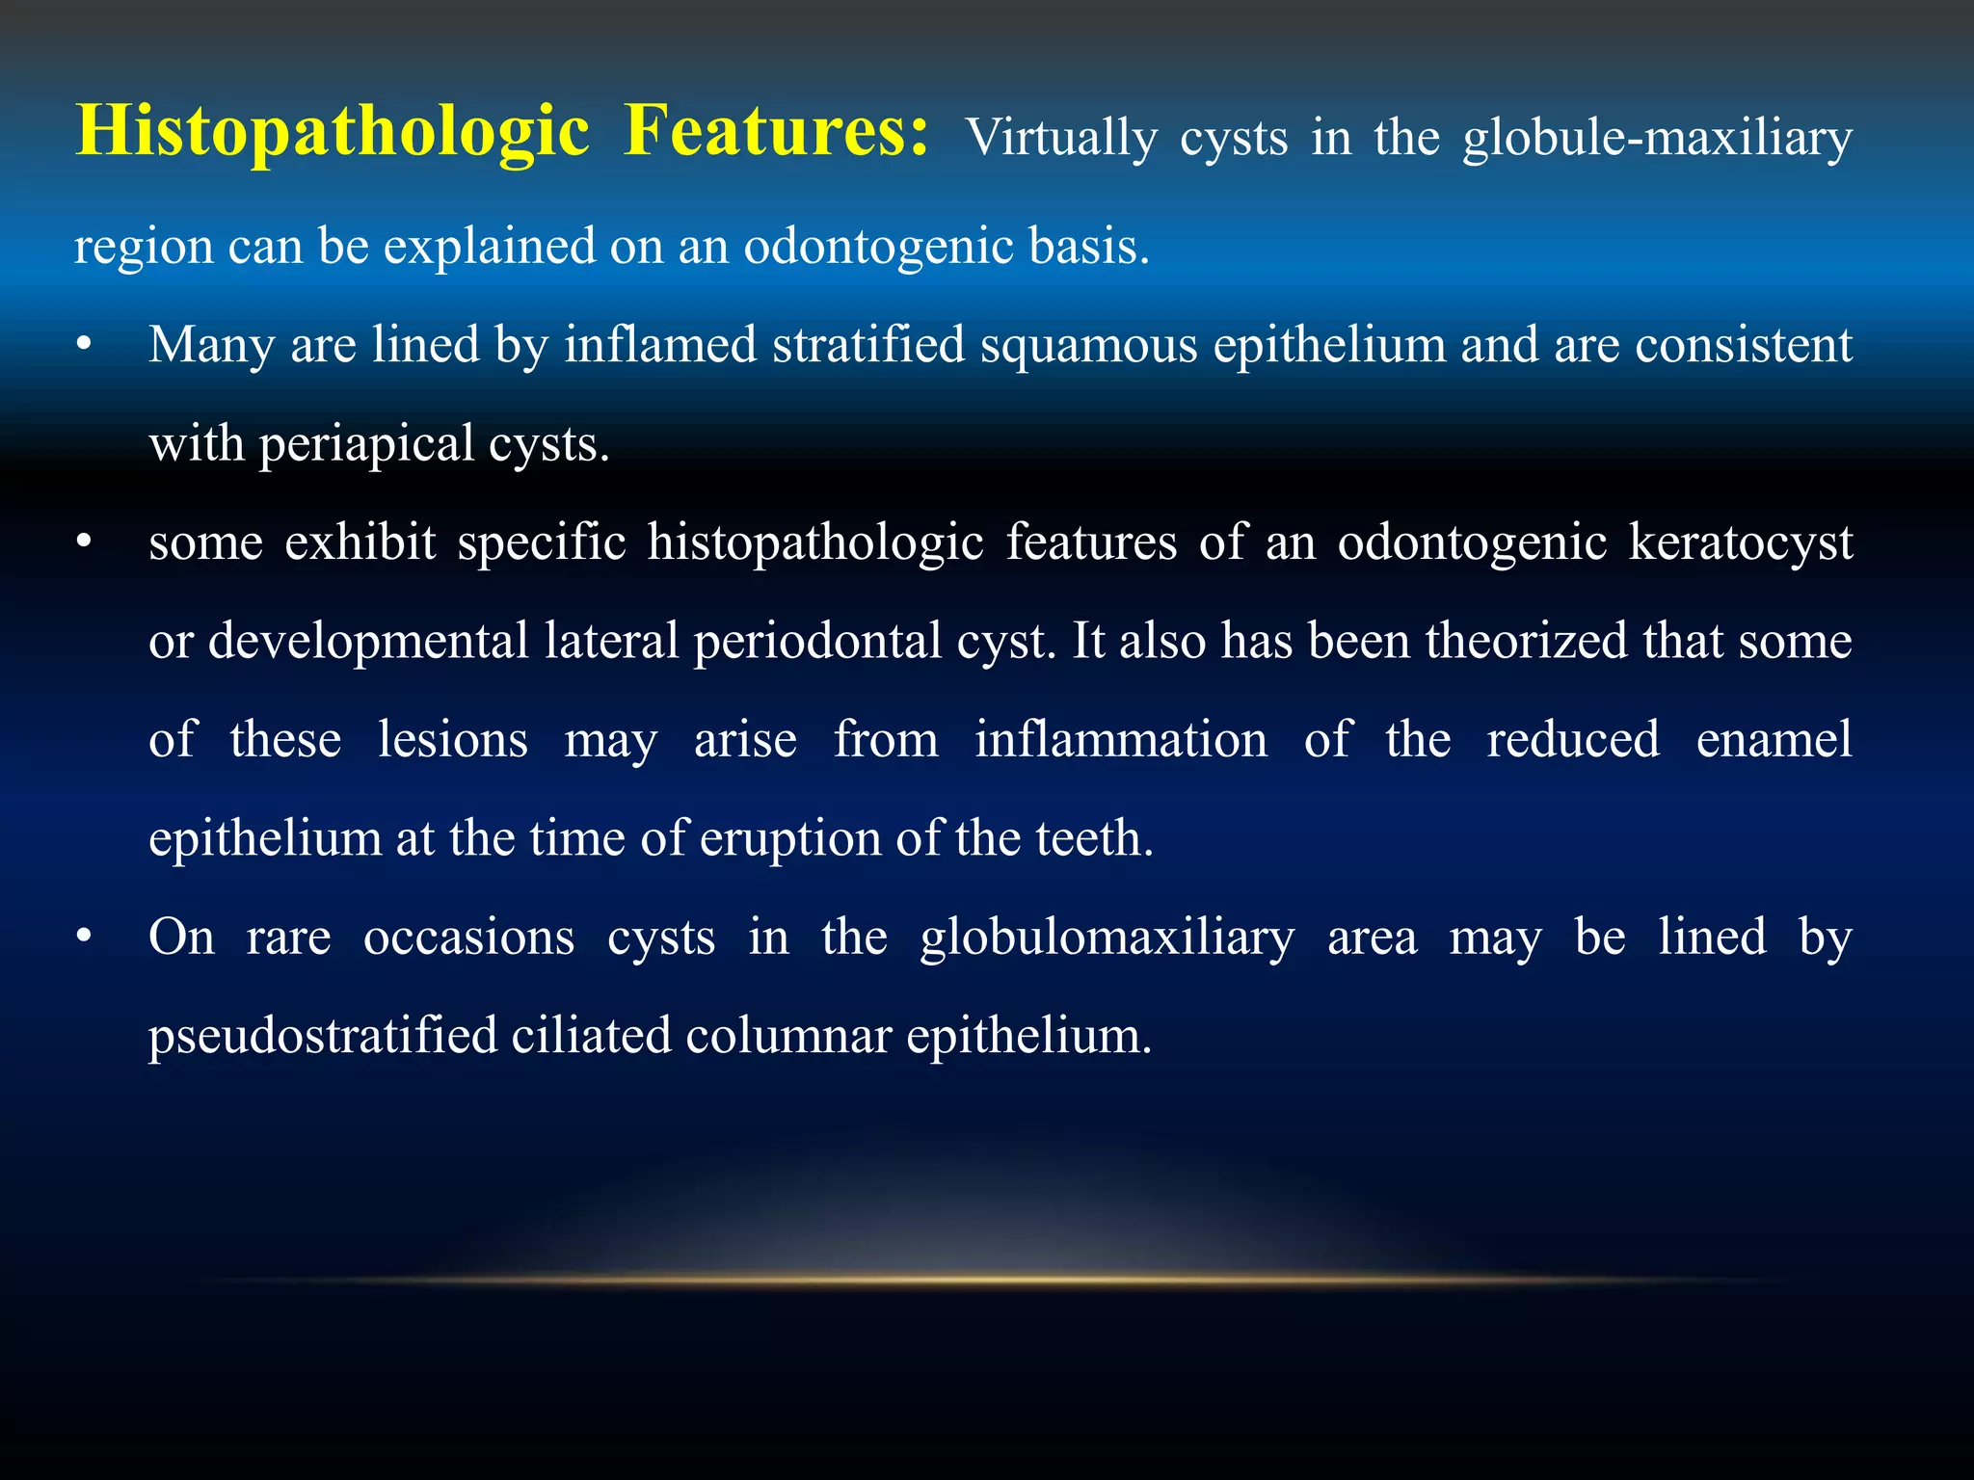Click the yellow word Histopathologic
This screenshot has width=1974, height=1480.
click(x=333, y=132)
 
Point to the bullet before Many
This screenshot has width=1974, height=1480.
click(x=85, y=346)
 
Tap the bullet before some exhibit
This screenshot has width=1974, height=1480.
click(x=85, y=543)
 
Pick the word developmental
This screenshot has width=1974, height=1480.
click(x=368, y=642)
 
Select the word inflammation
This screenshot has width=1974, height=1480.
click(x=1121, y=740)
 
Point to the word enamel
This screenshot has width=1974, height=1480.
click(x=1774, y=740)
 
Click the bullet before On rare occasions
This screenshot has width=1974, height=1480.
click(x=85, y=938)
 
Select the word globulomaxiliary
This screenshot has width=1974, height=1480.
click(x=1107, y=938)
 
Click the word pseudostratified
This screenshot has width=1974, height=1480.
click(x=323, y=1036)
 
